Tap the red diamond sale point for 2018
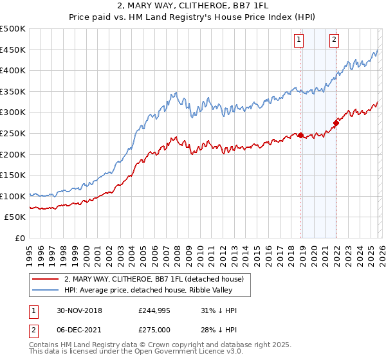pos(301,135)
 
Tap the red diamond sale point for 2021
pos(336,122)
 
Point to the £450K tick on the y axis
pos(14,50)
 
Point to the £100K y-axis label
pos(14,196)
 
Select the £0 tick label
pos(20,238)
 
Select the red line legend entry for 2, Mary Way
pos(153,279)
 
